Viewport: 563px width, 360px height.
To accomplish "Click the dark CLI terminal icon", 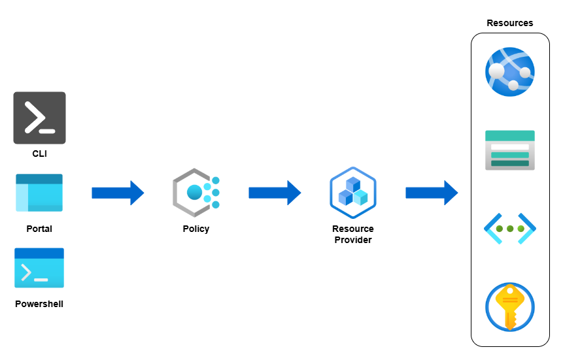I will coord(39,118).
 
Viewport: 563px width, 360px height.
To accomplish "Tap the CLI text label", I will coord(39,154).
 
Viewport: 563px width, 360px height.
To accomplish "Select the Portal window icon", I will coord(39,193).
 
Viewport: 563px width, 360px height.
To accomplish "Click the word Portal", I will coord(39,229).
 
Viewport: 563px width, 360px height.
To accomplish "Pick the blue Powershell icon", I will coord(39,268).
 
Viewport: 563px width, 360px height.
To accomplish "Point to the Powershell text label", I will coord(39,304).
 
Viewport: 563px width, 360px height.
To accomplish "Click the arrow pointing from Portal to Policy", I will coord(118,193).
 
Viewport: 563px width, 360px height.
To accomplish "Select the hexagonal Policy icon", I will coord(195,192).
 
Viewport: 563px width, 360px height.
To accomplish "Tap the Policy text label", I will coord(196,229).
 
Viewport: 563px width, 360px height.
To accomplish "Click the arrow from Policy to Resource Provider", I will coord(275,193).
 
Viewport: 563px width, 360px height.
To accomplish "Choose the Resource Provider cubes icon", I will coord(353,191).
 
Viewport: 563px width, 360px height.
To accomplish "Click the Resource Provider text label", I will coord(353,235).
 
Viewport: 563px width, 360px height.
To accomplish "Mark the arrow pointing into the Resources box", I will coord(432,193).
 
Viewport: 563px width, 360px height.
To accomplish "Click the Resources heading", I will coord(510,23).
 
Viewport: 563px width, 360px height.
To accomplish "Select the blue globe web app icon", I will coord(510,72).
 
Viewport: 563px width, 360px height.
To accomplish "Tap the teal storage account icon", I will coord(510,150).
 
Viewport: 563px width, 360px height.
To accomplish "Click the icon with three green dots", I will coord(510,229).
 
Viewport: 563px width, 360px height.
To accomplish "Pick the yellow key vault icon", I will coord(510,307).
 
